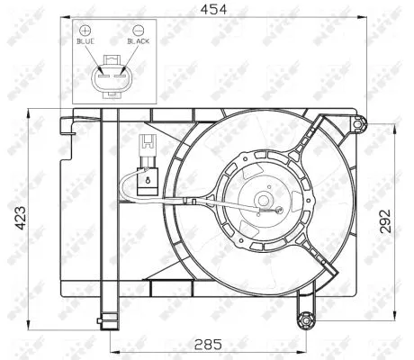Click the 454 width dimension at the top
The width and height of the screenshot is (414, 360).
click(x=212, y=9)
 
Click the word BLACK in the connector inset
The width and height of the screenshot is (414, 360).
click(x=139, y=40)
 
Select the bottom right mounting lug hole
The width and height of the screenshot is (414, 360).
click(x=306, y=318)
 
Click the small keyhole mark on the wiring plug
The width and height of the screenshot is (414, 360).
click(x=145, y=181)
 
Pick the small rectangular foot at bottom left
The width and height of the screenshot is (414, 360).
click(x=109, y=317)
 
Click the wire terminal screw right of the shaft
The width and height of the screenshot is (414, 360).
click(x=280, y=211)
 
